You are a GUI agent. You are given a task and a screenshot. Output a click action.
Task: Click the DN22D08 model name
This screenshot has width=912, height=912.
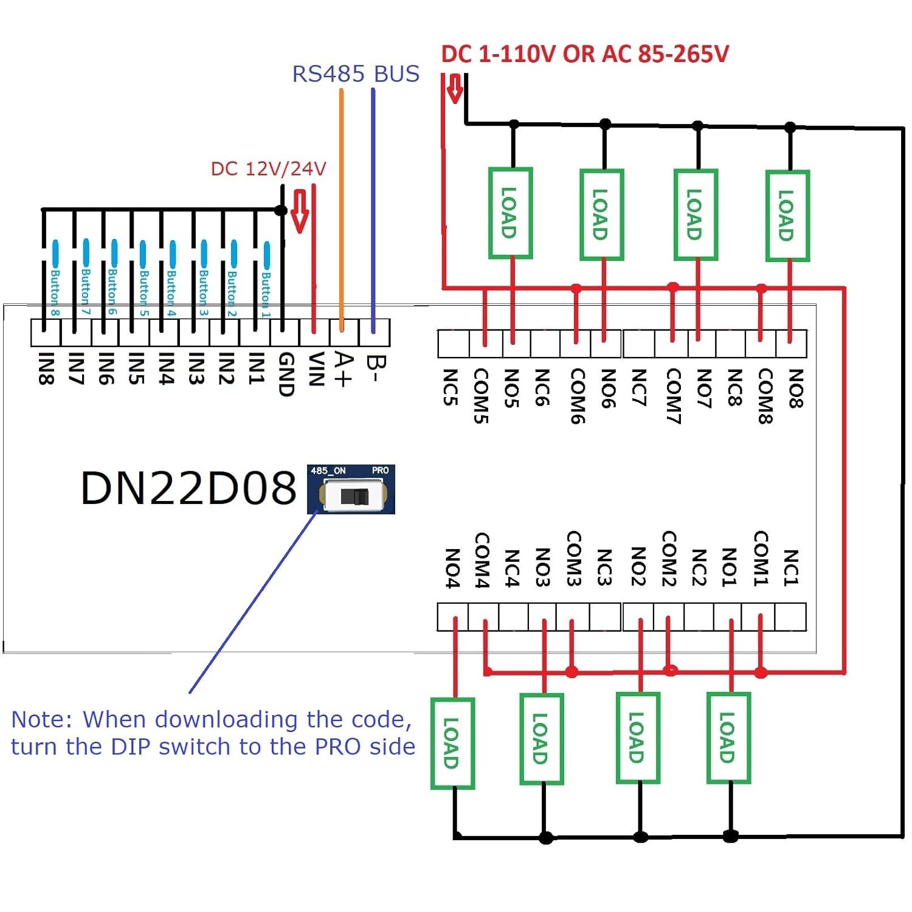coord(188,488)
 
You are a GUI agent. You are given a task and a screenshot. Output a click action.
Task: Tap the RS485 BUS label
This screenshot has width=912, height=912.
coord(356,74)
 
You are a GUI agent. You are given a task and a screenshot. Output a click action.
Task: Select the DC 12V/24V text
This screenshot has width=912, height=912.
coord(268,168)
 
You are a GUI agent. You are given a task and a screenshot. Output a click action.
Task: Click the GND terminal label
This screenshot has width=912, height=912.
coord(286,374)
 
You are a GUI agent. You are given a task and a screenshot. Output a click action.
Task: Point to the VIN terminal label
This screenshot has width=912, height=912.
coord(316,369)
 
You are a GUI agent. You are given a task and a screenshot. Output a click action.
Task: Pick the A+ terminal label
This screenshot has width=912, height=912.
coord(344,369)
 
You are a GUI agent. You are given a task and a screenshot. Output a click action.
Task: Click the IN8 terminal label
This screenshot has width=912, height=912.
coord(46,368)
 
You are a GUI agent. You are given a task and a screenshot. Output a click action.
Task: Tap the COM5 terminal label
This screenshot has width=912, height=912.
coord(481,395)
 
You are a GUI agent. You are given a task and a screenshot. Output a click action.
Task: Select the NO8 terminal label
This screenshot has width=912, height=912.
coord(795,388)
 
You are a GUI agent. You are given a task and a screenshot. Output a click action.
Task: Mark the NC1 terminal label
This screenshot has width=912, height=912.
coord(790,567)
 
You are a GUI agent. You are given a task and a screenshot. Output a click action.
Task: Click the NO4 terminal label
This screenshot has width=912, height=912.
coord(452,568)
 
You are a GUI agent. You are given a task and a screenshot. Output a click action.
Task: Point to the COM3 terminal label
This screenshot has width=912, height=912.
coord(573,558)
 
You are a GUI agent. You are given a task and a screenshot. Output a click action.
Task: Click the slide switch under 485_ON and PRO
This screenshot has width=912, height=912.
coord(354,496)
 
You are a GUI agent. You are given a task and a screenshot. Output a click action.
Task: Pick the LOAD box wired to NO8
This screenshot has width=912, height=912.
coord(787,216)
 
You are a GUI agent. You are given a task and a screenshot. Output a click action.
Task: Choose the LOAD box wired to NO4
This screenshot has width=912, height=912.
coord(452,743)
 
